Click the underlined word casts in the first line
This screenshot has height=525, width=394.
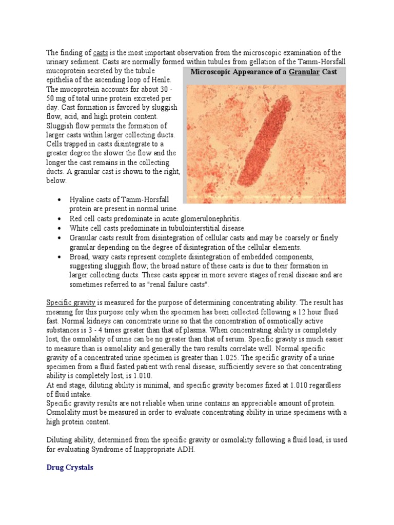point(100,53)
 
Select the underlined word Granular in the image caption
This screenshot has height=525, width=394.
point(304,72)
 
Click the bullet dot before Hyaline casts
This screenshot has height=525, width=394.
point(61,199)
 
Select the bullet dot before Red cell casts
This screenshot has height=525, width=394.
point(61,219)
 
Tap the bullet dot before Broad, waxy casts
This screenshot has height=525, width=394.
point(61,256)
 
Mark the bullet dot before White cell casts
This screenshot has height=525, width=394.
point(61,228)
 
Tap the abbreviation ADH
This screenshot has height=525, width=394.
point(187,449)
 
